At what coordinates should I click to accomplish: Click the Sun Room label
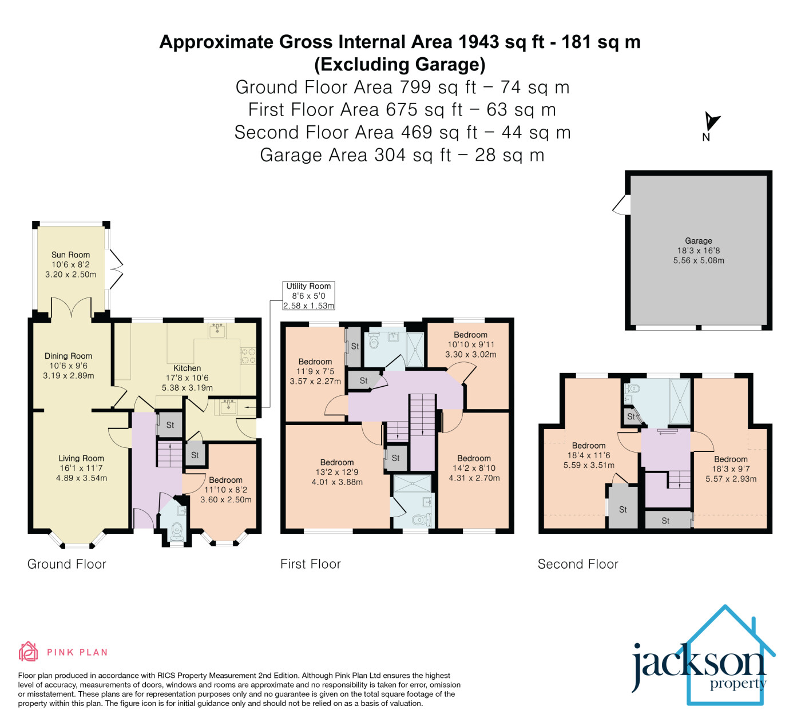pos(71,255)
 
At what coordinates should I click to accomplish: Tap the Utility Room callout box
pos(308,296)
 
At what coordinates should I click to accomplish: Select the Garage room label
pos(699,241)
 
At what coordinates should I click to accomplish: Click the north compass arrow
pos(712,121)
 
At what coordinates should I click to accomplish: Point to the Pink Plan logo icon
pos(29,651)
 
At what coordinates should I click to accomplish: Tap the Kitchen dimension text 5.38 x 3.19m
pos(187,388)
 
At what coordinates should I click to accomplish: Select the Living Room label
pos(81,458)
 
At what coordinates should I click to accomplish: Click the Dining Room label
pos(68,356)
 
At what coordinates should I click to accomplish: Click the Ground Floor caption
pos(67,564)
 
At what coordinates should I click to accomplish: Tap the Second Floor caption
pos(578,564)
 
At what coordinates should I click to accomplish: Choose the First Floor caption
pos(310,564)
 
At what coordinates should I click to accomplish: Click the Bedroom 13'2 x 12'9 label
pos(337,462)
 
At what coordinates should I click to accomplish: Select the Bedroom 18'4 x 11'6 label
pos(589,446)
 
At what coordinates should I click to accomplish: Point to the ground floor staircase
pos(170,454)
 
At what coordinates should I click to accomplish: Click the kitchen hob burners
pos(248,356)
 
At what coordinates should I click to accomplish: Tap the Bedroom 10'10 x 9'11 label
pos(470,335)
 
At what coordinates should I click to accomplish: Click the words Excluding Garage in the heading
pos(400,65)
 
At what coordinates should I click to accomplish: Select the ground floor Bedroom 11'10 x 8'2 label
pos(225,480)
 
